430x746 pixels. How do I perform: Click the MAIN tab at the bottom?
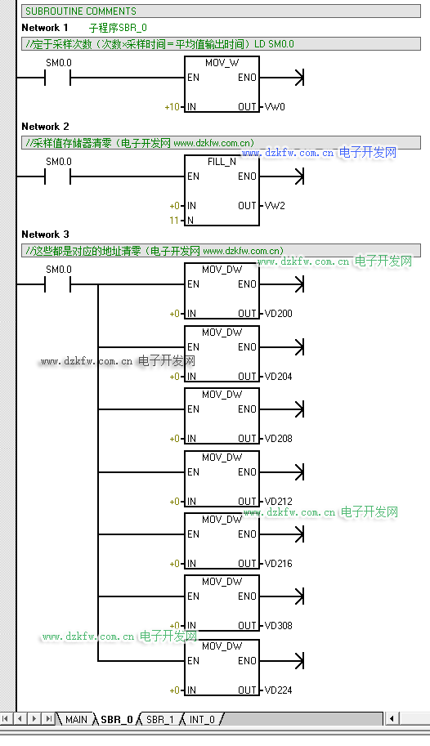click(76, 719)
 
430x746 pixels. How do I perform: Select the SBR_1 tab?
click(159, 719)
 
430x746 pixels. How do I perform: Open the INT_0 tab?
click(202, 719)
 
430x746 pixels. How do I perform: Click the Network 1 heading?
click(45, 28)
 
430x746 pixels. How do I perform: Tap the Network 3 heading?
click(45, 234)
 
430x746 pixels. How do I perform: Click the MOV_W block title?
click(222, 63)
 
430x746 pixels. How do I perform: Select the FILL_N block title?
click(222, 162)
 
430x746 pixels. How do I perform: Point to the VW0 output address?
click(275, 106)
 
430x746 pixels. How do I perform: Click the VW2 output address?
click(275, 206)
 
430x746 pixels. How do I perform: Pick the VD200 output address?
click(279, 314)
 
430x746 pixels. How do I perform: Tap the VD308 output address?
click(279, 626)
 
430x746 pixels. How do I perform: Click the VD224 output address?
click(279, 690)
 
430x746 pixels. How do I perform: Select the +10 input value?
click(172, 107)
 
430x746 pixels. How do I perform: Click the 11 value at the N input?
click(174, 221)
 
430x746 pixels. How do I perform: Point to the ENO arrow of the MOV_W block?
click(282, 78)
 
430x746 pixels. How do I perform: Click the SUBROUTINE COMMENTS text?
click(80, 11)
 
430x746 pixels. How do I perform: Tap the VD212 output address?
click(279, 502)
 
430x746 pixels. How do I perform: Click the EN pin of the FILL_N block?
click(193, 176)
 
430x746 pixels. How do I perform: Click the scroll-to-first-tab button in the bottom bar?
click(5, 718)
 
